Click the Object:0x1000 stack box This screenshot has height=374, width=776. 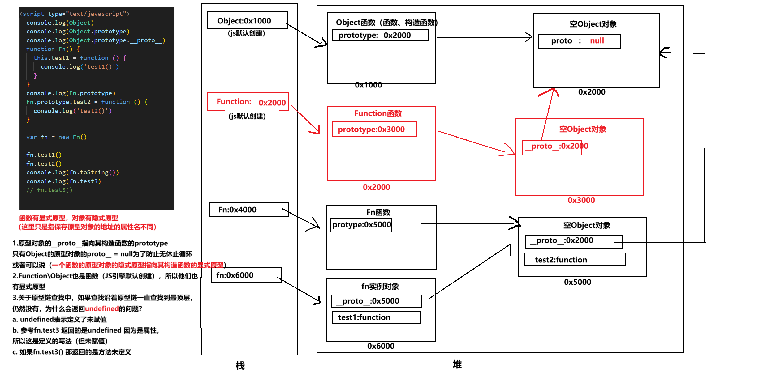click(x=247, y=20)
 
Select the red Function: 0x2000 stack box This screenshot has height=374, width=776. click(x=248, y=101)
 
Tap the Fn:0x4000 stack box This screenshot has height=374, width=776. click(x=249, y=210)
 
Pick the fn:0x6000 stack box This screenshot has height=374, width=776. click(x=246, y=275)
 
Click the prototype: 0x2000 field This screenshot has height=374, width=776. click(x=380, y=35)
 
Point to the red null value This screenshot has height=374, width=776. click(x=597, y=41)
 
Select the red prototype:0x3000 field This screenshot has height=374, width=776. click(x=374, y=129)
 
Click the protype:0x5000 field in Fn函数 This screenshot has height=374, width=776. click(x=361, y=225)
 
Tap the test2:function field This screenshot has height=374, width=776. click(x=575, y=260)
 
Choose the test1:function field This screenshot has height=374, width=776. click(x=376, y=317)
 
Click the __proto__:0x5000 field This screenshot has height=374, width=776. click(x=376, y=301)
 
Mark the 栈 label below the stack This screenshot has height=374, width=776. click(x=240, y=366)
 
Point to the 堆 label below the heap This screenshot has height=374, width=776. click(x=457, y=364)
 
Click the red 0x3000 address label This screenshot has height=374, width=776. click(x=581, y=200)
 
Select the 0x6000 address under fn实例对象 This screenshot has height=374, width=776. click(x=381, y=346)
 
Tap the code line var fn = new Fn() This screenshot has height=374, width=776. click(x=56, y=137)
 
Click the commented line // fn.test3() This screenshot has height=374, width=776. click(x=49, y=190)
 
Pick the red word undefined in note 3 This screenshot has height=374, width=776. click(x=102, y=308)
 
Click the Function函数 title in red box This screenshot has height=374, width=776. click(x=378, y=113)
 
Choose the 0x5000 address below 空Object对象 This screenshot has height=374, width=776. click(x=577, y=282)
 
